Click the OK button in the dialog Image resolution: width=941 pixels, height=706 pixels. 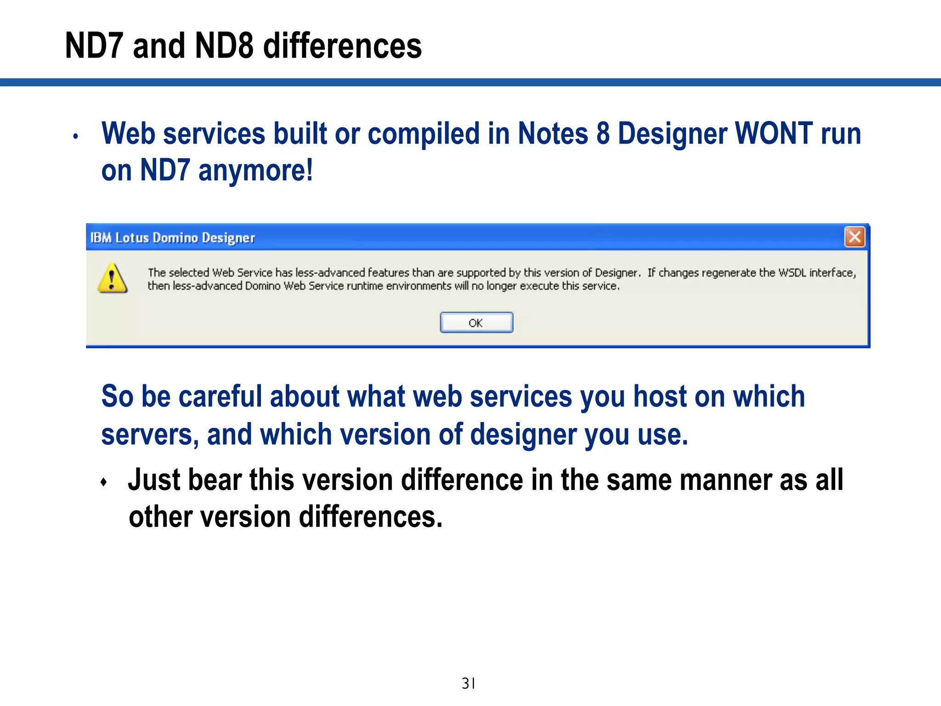point(476,323)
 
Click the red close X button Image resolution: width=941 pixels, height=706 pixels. point(854,237)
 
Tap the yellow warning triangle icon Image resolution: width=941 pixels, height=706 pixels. point(112,279)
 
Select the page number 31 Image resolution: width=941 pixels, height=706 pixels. point(468,683)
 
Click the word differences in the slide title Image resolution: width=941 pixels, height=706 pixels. point(342,46)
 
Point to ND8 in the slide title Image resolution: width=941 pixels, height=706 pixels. point(224,46)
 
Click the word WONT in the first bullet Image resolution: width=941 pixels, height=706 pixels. point(774,134)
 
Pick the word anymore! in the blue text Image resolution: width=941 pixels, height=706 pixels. point(255,171)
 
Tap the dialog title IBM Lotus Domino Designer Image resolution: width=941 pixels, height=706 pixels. point(172,238)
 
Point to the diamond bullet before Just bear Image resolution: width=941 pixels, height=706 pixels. point(104,482)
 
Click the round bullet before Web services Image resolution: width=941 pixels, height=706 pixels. point(76,137)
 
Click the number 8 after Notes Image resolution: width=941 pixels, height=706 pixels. point(603,134)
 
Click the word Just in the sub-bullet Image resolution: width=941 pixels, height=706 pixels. point(154,480)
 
